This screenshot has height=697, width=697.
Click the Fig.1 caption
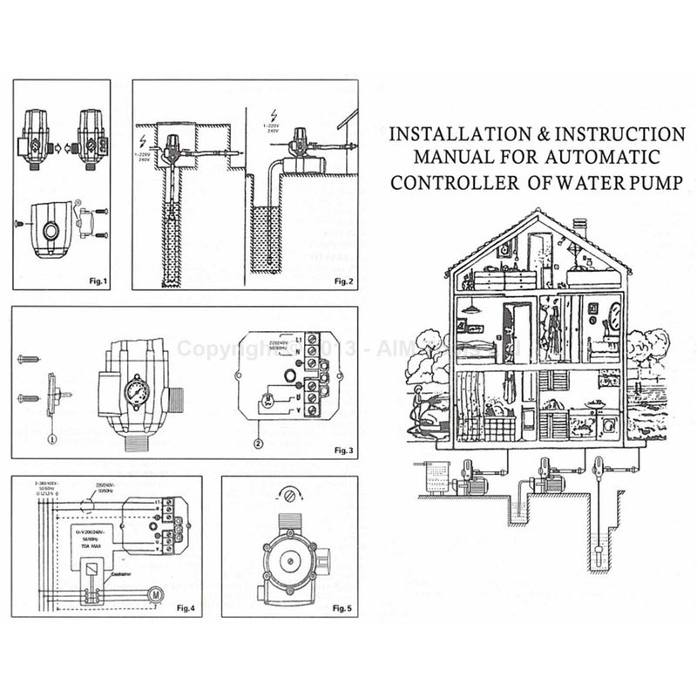[x=93, y=281]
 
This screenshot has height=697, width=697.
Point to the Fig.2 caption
[x=343, y=281]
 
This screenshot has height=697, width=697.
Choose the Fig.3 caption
[x=343, y=451]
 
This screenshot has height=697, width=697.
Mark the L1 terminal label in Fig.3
[x=299, y=336]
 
